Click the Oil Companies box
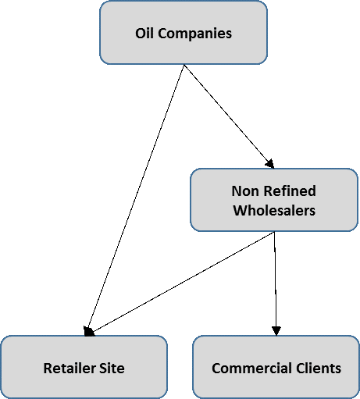184,33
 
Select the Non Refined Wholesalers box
274,200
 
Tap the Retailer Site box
84,367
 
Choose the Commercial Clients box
276,367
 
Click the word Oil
144,34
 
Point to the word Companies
194,34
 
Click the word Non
244,191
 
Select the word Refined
290,191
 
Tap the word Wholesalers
274,210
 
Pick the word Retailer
70,368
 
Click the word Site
112,368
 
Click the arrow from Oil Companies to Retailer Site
136,200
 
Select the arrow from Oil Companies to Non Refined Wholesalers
229,116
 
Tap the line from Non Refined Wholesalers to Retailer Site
182,282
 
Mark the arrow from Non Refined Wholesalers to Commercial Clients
275,283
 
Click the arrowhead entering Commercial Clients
276,331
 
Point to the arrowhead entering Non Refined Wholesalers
270,164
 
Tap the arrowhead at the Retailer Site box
88,331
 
